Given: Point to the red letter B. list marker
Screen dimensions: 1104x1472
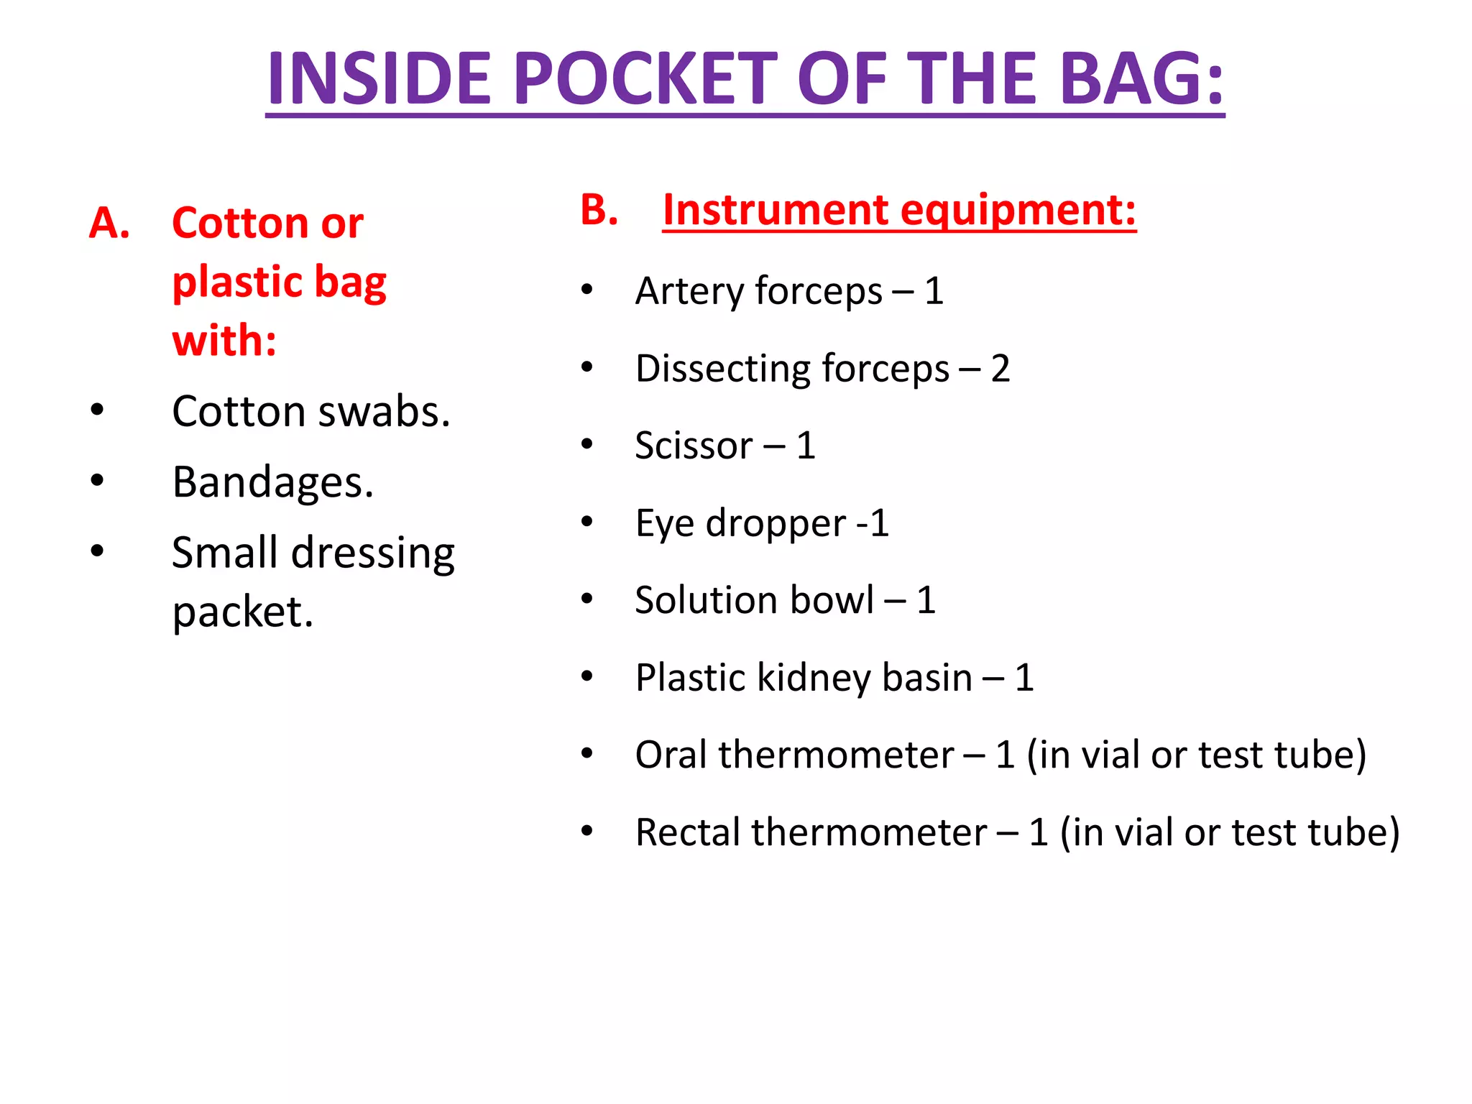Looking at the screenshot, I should point(599,210).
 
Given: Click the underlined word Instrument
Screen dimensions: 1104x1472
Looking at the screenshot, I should point(776,210).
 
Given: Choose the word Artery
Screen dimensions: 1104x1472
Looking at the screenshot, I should point(689,292).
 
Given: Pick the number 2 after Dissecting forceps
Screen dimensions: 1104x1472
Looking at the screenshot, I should point(1000,369).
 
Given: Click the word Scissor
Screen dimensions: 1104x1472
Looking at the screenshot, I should point(694,446).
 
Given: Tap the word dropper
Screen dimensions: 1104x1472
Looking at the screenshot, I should point(776,524).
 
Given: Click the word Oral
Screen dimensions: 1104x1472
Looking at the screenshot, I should point(671,755).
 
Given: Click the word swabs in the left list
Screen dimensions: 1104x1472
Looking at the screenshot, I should point(384,412).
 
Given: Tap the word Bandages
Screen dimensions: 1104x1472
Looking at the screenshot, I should point(273,482).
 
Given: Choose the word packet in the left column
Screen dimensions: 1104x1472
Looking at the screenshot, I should point(243,612).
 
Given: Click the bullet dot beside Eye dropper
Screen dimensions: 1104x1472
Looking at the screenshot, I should point(587,522).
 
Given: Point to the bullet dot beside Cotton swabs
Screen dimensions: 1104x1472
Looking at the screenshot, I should point(97,410).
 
